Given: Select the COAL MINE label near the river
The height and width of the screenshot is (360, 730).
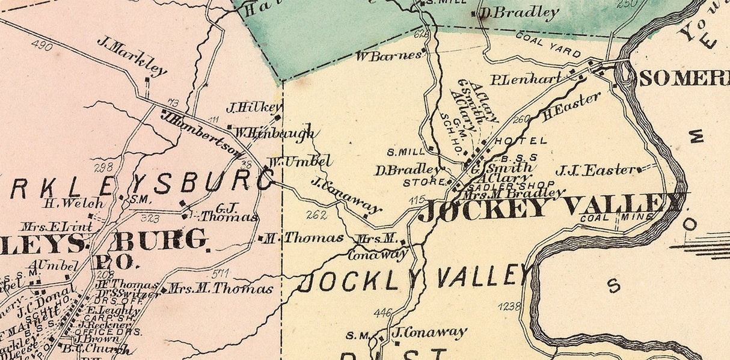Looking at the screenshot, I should (x=616, y=218).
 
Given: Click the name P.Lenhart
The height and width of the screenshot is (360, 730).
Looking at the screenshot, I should (x=526, y=79).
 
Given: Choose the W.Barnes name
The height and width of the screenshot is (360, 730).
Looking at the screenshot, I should (x=388, y=56).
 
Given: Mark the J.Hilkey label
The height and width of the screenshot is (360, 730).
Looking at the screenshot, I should (x=253, y=108).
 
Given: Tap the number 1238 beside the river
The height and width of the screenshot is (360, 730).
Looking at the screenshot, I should (x=509, y=307).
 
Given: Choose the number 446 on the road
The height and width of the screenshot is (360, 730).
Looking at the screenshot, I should (x=382, y=313).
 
